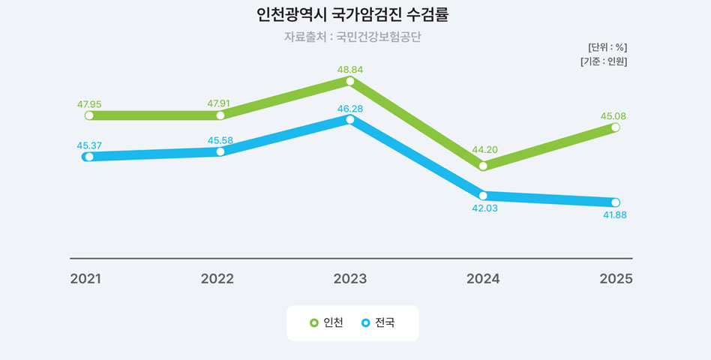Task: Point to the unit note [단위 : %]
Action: tap(607, 47)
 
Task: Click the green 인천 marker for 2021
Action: tap(89, 115)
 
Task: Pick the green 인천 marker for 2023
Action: tap(350, 80)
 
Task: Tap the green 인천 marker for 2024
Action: tap(483, 166)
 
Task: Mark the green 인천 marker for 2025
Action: tap(616, 127)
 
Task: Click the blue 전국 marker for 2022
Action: tap(220, 151)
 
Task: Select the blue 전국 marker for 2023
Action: tap(350, 119)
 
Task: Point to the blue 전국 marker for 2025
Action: tap(616, 202)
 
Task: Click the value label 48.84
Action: tap(350, 69)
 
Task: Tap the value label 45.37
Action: tap(89, 145)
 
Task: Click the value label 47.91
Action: tap(220, 103)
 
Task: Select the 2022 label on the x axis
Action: tap(217, 279)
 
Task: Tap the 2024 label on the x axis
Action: tap(483, 279)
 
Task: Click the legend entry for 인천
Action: tap(327, 323)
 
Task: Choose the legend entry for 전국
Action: tap(378, 323)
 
